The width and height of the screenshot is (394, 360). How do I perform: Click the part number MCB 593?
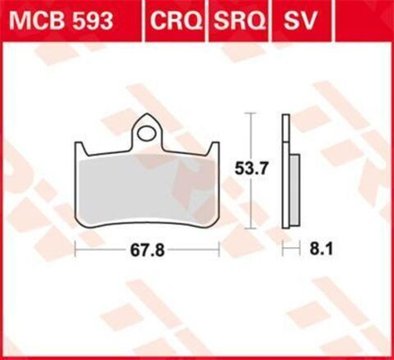(62, 21)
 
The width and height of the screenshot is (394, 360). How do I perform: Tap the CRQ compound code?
(176, 21)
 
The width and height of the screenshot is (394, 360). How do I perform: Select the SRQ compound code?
(240, 21)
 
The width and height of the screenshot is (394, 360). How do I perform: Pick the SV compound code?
(299, 21)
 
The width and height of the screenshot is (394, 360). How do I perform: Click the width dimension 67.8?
(147, 250)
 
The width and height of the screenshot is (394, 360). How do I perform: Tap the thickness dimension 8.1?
(321, 249)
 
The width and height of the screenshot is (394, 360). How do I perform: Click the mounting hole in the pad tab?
(147, 133)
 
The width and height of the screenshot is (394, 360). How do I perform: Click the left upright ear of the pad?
(80, 149)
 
